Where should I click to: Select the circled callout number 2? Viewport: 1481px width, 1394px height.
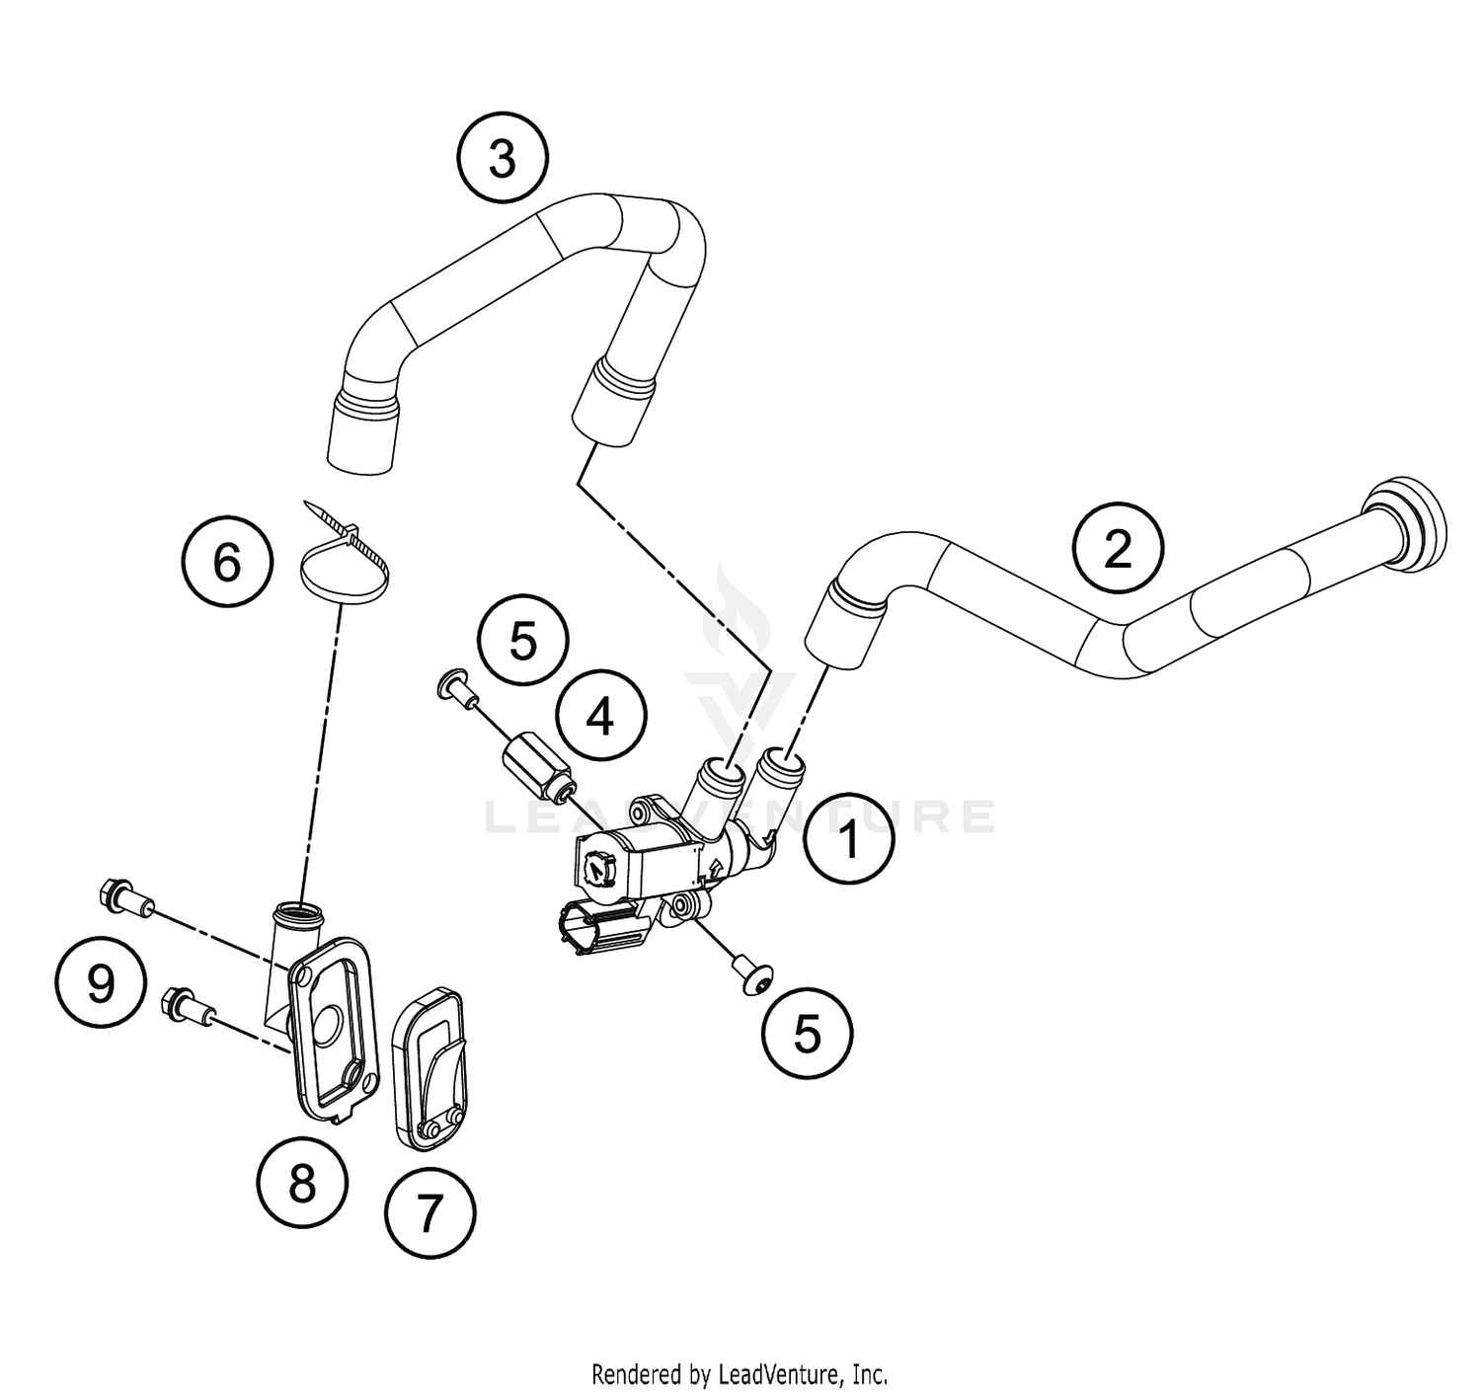[1118, 548]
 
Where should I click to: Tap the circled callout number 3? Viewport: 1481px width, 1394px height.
[503, 159]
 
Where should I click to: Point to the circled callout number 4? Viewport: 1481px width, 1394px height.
[600, 717]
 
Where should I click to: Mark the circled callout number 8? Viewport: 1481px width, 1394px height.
[302, 1182]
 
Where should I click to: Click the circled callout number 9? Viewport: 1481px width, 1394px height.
[100, 983]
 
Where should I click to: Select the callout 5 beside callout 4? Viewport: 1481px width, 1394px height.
[523, 642]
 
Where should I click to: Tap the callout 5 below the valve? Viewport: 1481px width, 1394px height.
[807, 1034]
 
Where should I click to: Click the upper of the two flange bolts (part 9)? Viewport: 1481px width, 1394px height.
[122, 897]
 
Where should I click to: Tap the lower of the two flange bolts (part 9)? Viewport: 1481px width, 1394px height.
[188, 1005]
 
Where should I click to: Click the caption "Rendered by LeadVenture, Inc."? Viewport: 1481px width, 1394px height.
[740, 1373]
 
